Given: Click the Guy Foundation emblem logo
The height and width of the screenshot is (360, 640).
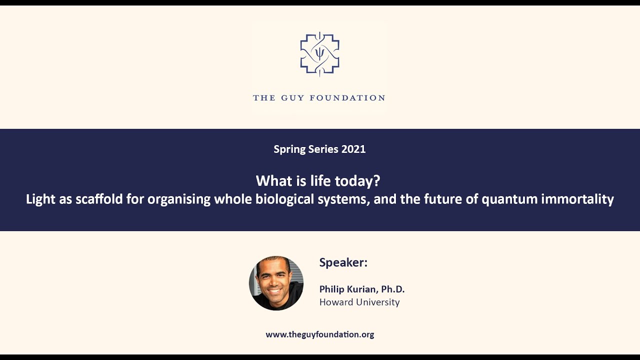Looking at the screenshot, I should (x=319, y=54).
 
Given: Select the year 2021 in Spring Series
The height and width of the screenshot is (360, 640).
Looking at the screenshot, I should (x=353, y=149).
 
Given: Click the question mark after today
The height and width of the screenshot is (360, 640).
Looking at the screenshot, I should (x=377, y=180).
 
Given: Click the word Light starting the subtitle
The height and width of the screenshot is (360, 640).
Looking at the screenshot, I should (x=41, y=199).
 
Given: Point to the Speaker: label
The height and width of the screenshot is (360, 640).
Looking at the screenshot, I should (x=343, y=262).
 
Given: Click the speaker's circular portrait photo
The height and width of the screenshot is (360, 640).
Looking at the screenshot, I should (x=276, y=283).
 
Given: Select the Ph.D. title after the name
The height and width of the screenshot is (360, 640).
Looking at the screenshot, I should (x=392, y=289).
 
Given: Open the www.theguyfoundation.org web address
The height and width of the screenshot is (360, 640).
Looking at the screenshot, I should (x=319, y=334).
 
